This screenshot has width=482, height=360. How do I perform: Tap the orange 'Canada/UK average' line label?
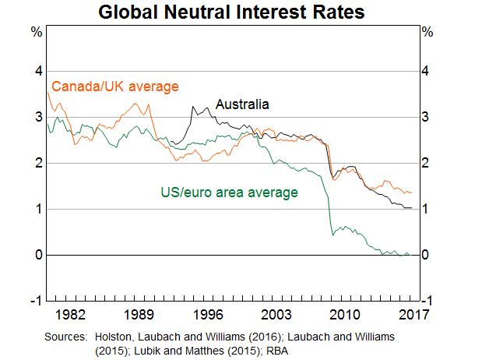(115, 86)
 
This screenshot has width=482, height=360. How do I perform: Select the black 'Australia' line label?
(242, 104)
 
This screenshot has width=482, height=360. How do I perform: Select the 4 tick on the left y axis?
(35, 71)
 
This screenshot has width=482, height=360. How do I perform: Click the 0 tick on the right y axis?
(425, 255)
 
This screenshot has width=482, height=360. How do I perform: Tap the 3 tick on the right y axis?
(425, 117)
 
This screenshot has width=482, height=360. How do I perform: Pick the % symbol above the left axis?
(36, 32)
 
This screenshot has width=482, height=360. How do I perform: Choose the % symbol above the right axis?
(426, 32)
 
